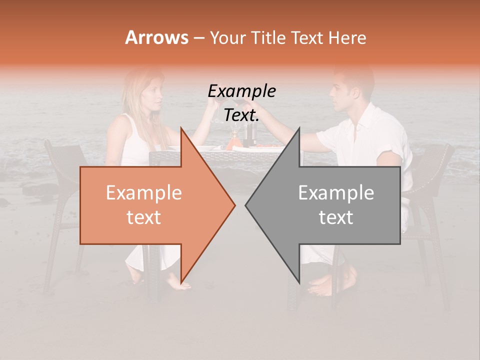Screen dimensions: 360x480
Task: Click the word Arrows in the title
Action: [156, 37]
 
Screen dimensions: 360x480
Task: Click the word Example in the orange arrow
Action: [143, 193]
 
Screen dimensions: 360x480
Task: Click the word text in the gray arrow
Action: [336, 217]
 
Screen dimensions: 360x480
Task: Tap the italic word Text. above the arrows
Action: [241, 115]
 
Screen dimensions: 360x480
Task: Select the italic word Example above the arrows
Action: [241, 91]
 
